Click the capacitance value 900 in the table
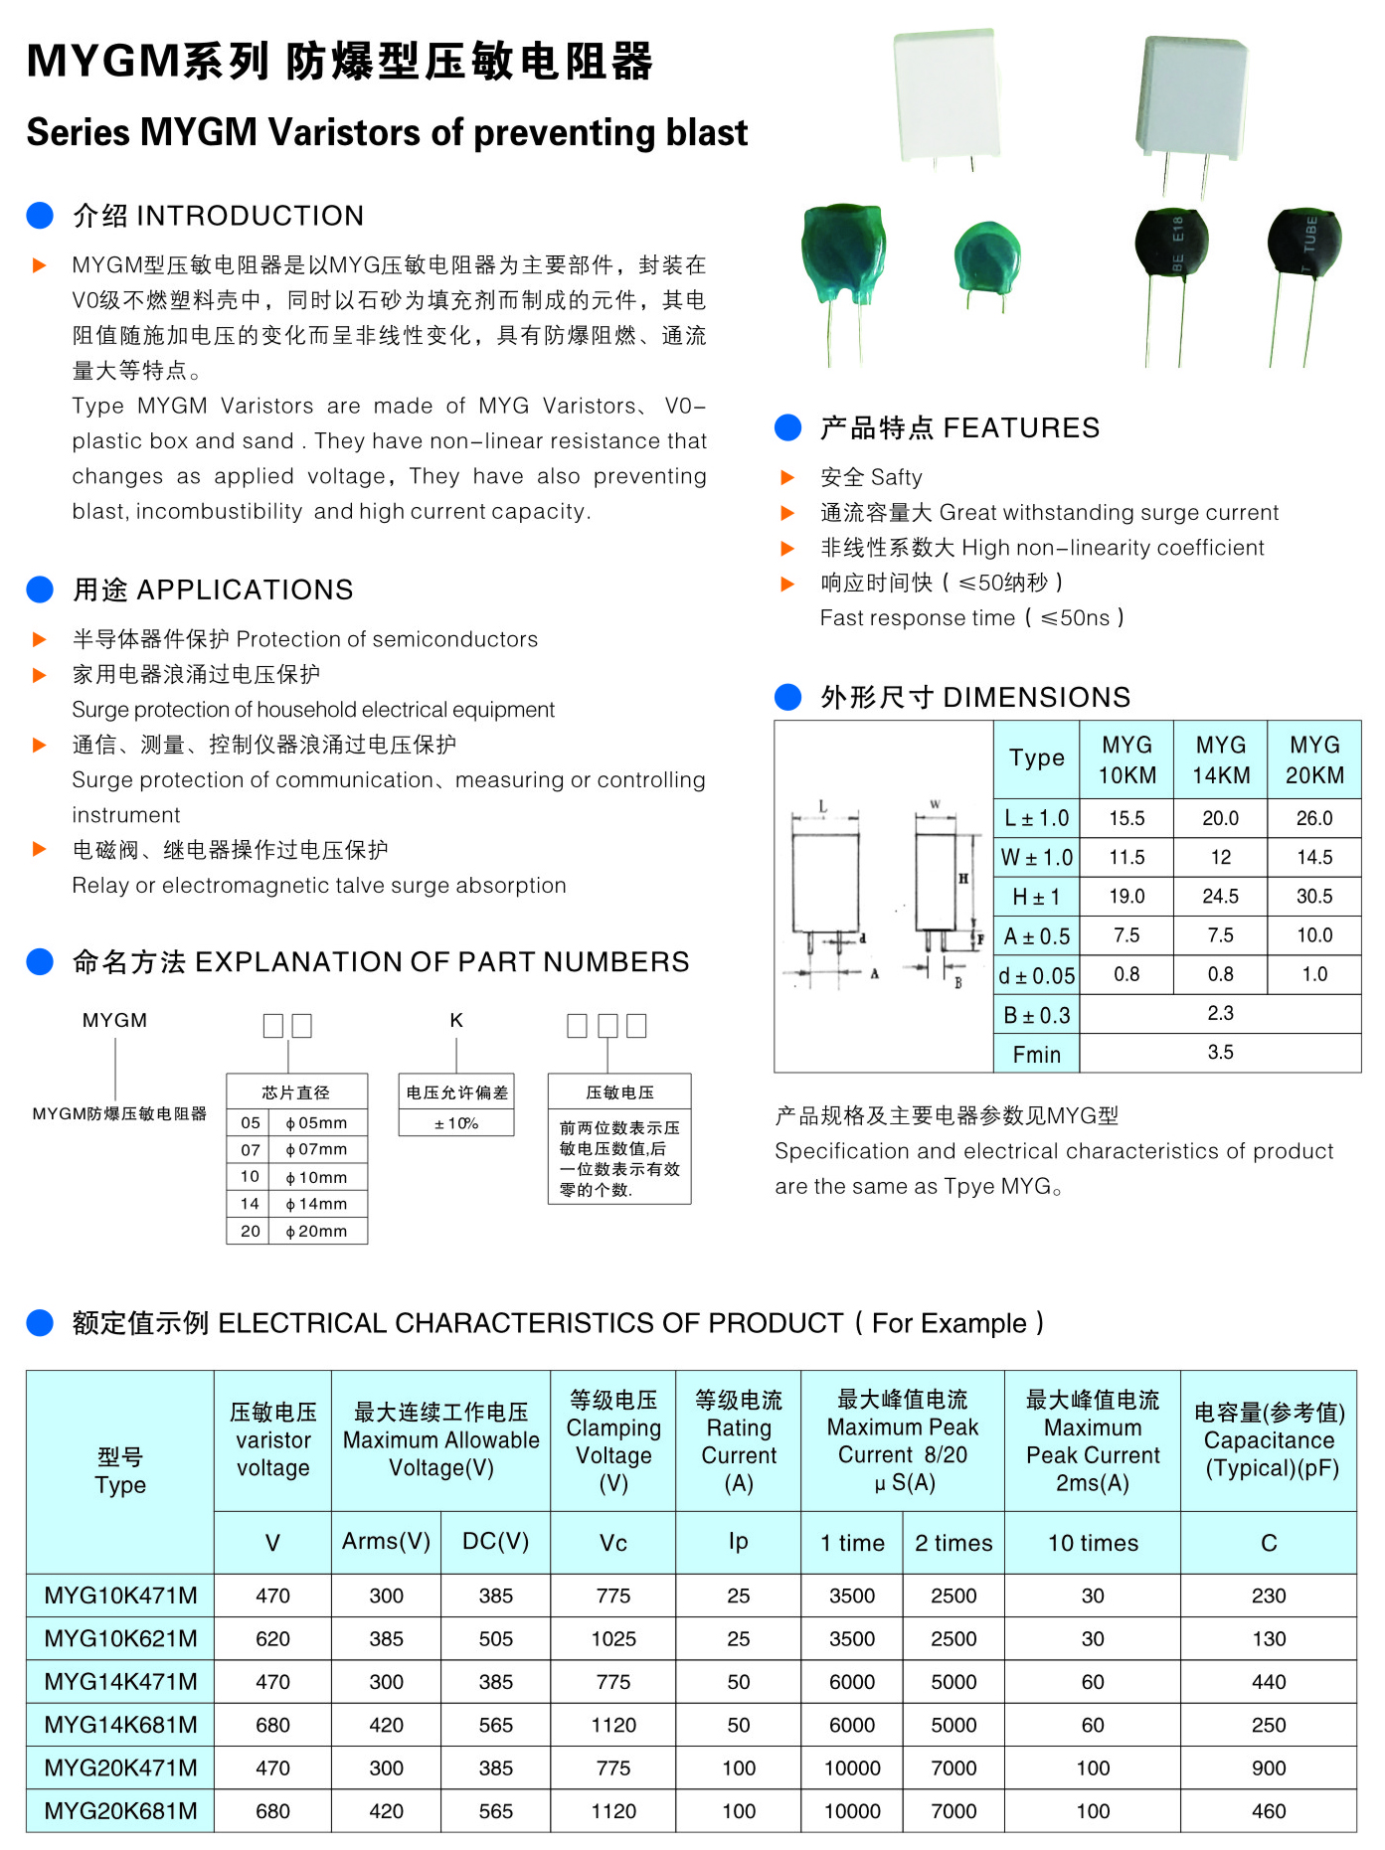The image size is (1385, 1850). point(1268,1767)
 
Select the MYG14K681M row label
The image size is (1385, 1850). point(120,1725)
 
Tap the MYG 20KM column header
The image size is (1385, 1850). point(1314,759)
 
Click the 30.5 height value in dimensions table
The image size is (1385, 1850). point(1314,896)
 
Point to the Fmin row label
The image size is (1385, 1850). point(1036,1054)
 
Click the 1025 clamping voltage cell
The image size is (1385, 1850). point(613,1638)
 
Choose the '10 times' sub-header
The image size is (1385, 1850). point(1093,1543)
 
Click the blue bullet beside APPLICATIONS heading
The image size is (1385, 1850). point(40,589)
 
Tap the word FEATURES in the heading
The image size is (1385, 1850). point(1021,427)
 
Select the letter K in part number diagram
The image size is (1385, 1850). point(456,1020)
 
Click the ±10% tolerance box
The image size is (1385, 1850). point(456,1123)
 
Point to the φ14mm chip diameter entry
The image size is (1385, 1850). point(316,1204)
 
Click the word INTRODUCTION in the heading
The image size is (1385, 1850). point(250,216)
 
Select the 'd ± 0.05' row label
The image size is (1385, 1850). point(1036,975)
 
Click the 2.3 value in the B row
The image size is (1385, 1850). point(1220,1013)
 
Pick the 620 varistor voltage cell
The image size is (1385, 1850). point(272,1638)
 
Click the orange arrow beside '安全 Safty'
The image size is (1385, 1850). point(787,477)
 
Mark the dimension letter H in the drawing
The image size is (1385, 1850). point(962,879)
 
